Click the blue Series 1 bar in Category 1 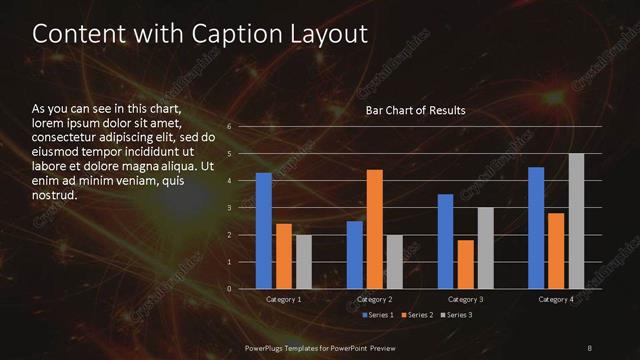[264, 231]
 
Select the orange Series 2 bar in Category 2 [374, 229]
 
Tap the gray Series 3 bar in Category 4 [576, 221]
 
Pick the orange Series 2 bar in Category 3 [465, 264]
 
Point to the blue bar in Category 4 [536, 228]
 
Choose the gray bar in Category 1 [303, 262]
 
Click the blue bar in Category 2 [354, 255]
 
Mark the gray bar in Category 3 [485, 248]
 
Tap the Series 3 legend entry [456, 315]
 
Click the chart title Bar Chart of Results [416, 110]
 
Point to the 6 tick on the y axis [230, 127]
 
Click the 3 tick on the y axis [230, 208]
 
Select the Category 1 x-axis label [283, 299]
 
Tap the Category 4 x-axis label [556, 299]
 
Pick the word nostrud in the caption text [54, 195]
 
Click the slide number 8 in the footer [590, 346]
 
